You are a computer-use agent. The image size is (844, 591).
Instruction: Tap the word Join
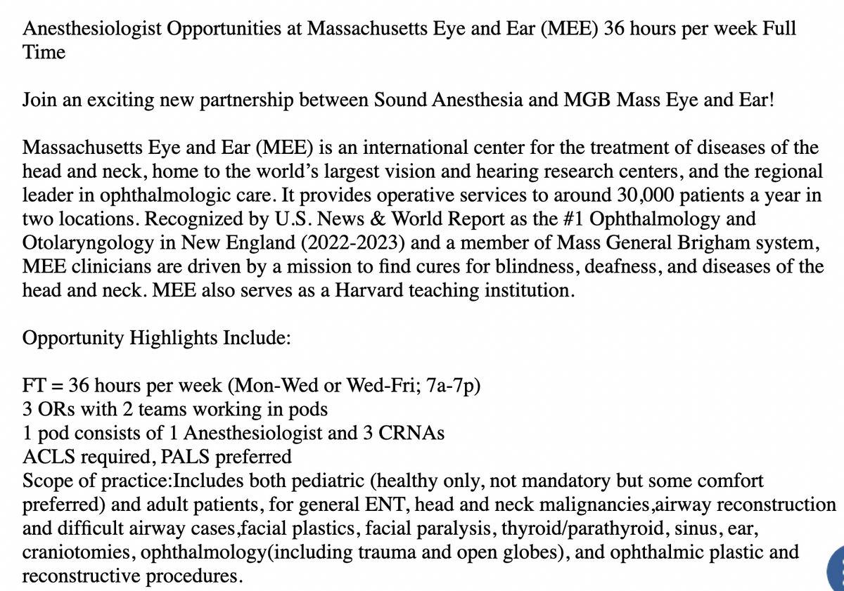point(39,100)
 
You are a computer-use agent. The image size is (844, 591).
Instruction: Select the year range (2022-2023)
point(354,243)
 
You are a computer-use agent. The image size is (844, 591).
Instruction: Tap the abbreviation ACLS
point(47,457)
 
